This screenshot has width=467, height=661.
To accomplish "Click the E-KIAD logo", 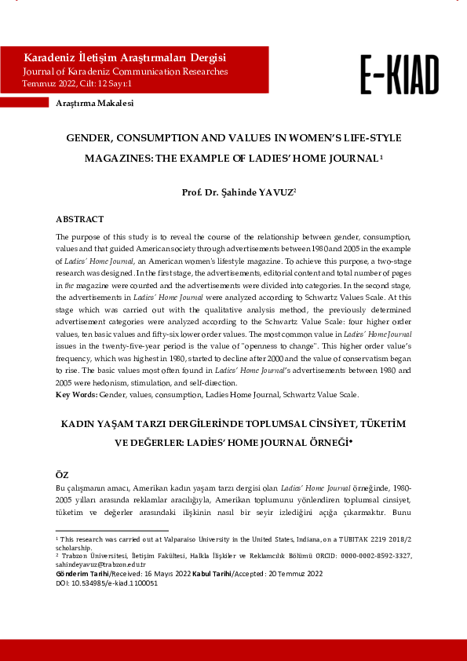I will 400,75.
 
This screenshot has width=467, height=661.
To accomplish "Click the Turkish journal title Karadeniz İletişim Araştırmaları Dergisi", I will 126,58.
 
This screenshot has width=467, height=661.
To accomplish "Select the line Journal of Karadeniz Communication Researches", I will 126,71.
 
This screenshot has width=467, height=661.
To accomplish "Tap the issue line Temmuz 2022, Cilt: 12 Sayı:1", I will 77,83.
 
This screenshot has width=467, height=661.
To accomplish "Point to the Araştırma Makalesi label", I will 94,104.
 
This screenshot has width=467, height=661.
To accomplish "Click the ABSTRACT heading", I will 79,219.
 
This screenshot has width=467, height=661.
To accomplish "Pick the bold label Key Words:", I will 77,394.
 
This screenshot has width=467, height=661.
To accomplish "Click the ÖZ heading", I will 63,476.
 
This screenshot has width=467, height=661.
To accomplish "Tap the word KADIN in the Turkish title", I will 81,424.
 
